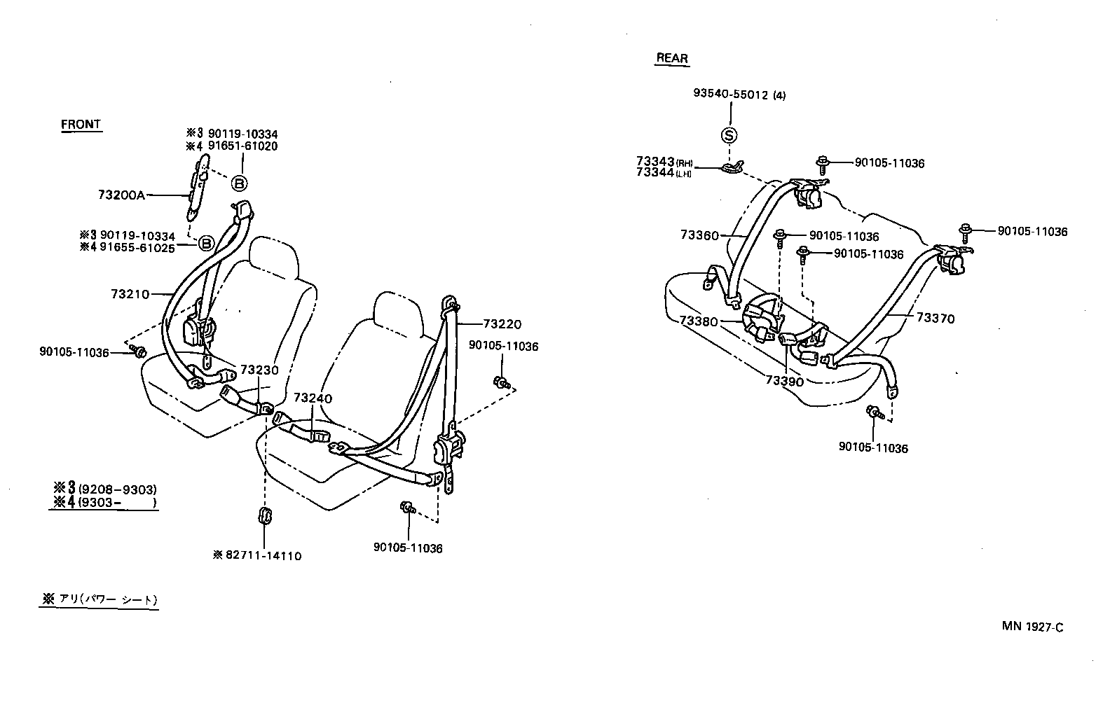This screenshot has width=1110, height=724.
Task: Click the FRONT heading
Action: (81, 125)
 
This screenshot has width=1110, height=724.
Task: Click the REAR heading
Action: (672, 58)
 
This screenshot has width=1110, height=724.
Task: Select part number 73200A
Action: (121, 195)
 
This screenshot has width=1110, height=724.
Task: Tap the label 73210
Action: (130, 294)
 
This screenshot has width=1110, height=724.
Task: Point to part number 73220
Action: (502, 324)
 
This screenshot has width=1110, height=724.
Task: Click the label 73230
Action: (259, 370)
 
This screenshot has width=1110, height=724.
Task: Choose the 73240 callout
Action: (313, 398)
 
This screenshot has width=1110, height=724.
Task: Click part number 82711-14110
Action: (263, 555)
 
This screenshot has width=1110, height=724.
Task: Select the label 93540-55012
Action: (732, 95)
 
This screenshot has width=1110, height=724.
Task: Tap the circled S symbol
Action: (729, 135)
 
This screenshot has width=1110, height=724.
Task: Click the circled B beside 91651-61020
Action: (239, 183)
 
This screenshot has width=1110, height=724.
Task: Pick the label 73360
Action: (699, 235)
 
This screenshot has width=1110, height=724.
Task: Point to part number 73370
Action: (936, 319)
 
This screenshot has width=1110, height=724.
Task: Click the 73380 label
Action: (699, 321)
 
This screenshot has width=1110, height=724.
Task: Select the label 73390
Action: (784, 381)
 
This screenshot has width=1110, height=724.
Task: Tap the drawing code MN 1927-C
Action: (1032, 627)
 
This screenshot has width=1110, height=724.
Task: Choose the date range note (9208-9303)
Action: (117, 489)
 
